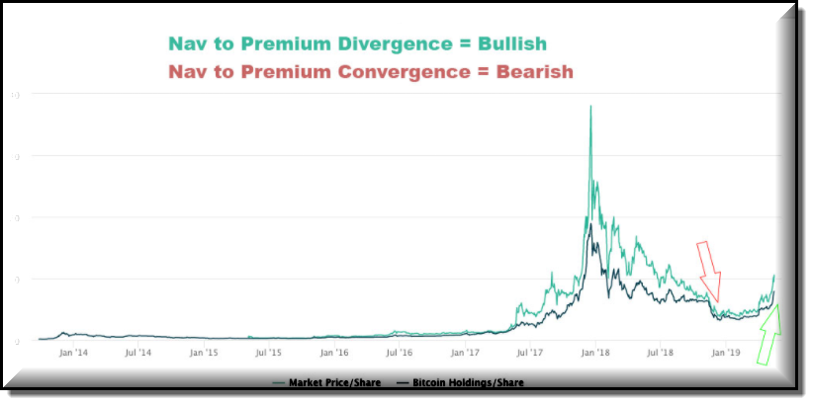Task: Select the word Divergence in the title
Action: click(x=364, y=44)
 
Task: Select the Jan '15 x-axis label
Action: click(x=205, y=352)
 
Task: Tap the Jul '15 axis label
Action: click(x=269, y=352)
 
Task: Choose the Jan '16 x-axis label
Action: click(x=334, y=352)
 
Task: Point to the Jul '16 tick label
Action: click(x=400, y=352)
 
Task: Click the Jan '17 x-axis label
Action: click(x=465, y=352)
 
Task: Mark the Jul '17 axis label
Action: click(x=530, y=352)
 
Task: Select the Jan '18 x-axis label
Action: click(x=595, y=352)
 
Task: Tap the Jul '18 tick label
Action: click(x=660, y=352)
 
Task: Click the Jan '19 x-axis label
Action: click(x=725, y=352)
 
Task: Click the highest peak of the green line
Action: click(x=590, y=107)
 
